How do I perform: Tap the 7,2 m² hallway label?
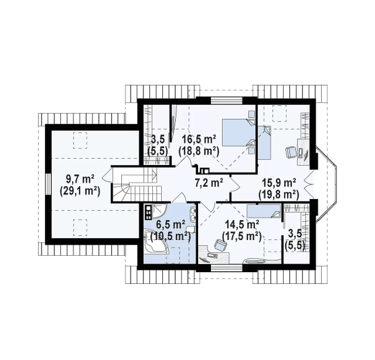coord(208,183)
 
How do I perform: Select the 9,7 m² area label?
coord(79,179)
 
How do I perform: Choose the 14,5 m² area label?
coord(242,225)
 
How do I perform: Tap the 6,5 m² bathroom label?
coord(171,225)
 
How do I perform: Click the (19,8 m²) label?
coord(279,195)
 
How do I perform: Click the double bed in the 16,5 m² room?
coord(239,132)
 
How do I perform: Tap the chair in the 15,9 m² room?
coord(290,152)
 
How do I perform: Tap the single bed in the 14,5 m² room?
coord(264,211)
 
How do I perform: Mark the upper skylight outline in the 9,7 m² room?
coord(80,140)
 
